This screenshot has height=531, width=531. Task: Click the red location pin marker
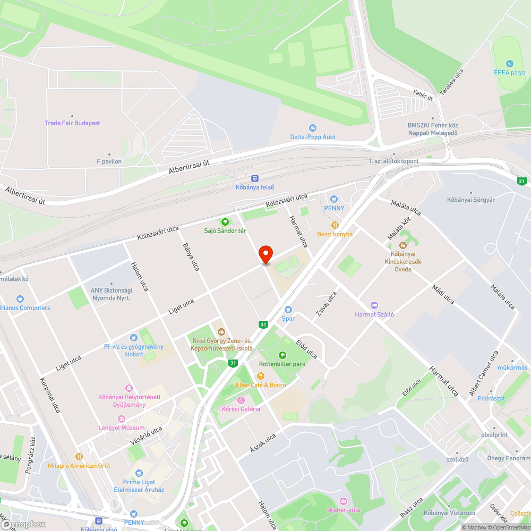[x=265, y=255]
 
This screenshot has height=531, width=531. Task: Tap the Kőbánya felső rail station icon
[x=255, y=178]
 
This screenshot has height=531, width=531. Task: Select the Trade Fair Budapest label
[x=72, y=123]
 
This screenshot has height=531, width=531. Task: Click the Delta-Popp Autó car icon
[x=312, y=128]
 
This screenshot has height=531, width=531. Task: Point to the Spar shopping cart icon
[x=288, y=309]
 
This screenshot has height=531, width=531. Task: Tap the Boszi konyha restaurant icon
[x=335, y=225]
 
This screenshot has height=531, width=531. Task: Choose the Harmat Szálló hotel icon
[x=374, y=305]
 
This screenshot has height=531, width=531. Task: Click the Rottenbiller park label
[x=282, y=364]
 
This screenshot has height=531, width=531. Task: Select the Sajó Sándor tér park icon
[x=225, y=221]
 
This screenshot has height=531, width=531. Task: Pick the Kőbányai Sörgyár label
[x=470, y=200]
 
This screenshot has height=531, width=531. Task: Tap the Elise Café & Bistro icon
[x=261, y=376]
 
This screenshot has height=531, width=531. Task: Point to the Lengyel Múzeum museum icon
[x=122, y=419]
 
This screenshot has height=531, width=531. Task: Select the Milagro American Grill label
[x=79, y=466]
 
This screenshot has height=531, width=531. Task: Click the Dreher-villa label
[x=344, y=510]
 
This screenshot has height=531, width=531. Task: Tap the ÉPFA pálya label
[x=510, y=72]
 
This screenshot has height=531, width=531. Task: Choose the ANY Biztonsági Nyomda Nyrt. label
[x=110, y=294]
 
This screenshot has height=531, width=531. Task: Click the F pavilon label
[x=109, y=161]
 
